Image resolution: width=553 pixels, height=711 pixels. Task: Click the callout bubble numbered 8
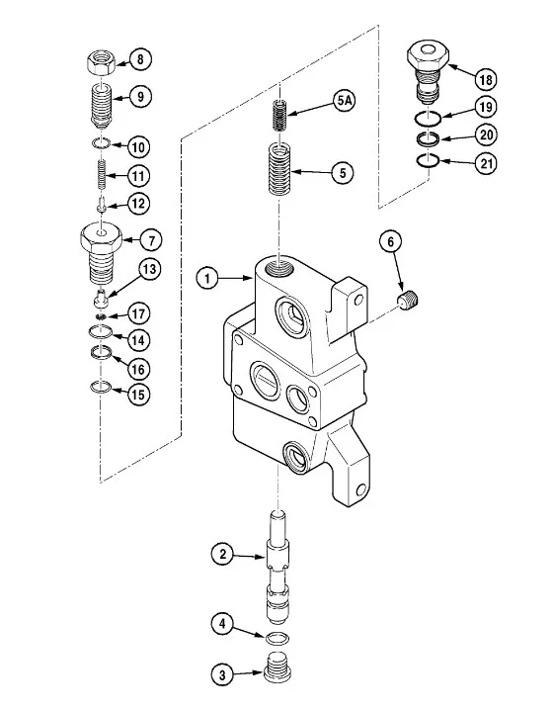pos(140,59)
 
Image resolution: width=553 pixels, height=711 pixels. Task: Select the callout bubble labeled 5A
pos(345,100)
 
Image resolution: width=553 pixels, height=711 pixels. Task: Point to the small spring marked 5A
pos(280,115)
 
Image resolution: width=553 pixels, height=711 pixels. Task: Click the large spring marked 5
pos(279,169)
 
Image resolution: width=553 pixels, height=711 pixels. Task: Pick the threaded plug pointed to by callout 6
pos(409,301)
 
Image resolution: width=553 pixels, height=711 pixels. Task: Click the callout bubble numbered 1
pos(208,278)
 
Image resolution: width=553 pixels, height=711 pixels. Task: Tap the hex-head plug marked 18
pos(428,70)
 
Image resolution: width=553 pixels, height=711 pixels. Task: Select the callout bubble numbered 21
pos(486,163)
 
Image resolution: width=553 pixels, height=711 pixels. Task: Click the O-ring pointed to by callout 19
pos(428,119)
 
